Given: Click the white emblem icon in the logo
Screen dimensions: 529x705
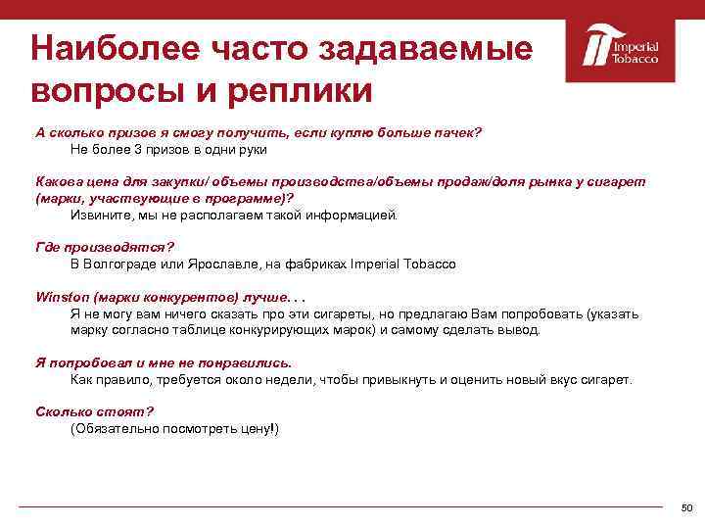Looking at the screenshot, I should coord(596,48).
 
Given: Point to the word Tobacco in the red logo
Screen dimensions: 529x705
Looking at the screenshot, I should coord(635,59).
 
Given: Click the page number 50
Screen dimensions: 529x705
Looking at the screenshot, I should coord(686,507).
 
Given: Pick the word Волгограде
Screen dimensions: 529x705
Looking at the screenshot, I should coord(123,264).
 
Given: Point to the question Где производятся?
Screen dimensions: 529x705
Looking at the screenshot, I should coord(98,248).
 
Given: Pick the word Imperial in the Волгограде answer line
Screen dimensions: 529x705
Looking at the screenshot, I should coord(372,264).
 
